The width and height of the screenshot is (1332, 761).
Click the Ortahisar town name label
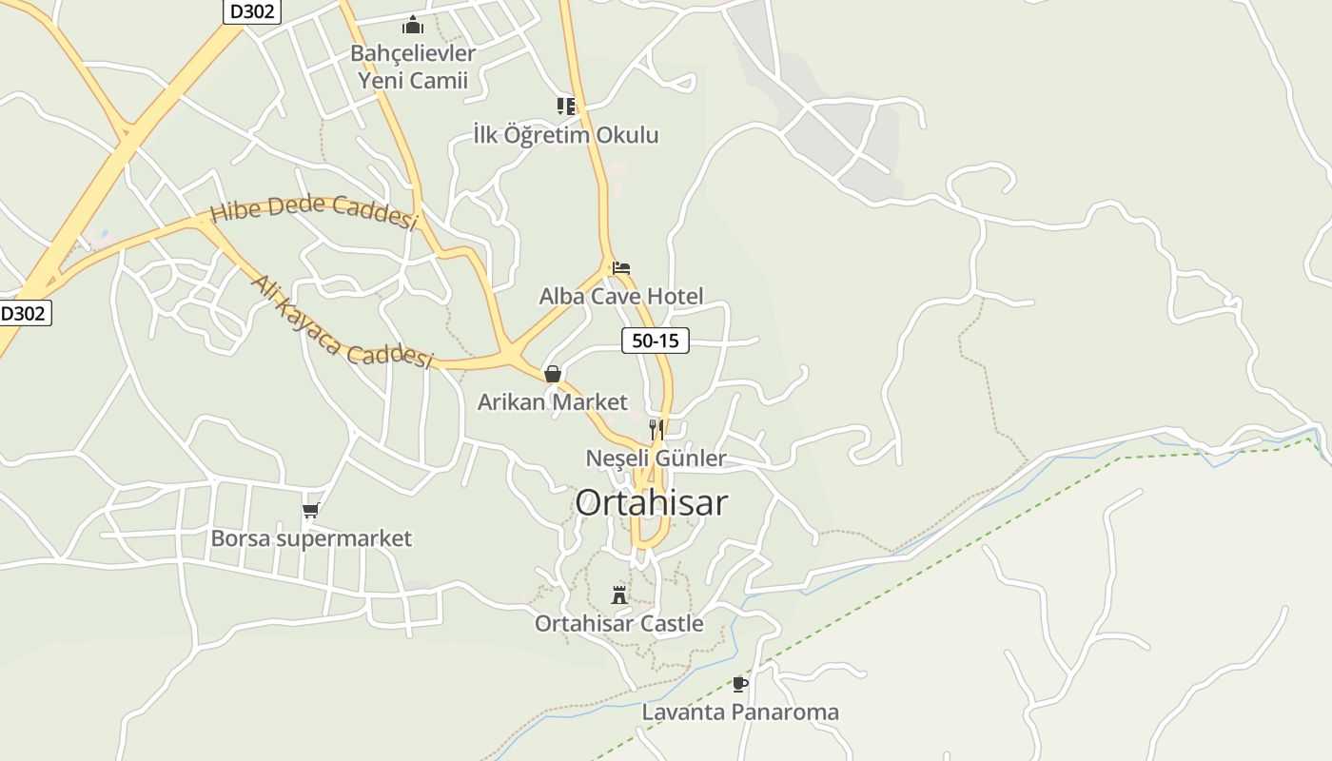tap(651, 502)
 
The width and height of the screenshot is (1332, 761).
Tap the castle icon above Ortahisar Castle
tap(619, 595)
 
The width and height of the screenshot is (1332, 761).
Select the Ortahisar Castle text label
tap(619, 624)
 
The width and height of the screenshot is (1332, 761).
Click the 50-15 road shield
tap(656, 340)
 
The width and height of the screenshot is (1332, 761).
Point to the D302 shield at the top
tap(252, 11)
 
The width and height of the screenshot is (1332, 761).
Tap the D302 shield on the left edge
tap(24, 313)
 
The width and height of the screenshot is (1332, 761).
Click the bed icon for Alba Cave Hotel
tap(621, 268)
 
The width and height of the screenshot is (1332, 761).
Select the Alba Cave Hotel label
tap(621, 296)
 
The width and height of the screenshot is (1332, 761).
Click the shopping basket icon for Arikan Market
tap(553, 374)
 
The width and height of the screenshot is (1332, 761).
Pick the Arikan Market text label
tap(553, 401)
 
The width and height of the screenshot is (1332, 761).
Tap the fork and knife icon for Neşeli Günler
tap(656, 430)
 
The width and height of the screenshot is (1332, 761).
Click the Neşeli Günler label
tap(656, 459)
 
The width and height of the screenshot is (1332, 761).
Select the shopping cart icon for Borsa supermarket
tap(310, 511)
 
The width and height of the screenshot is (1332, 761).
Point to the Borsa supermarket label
tap(311, 538)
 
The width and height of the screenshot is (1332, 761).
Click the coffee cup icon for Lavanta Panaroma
tap(740, 684)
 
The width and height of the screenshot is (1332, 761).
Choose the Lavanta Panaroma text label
tap(740, 712)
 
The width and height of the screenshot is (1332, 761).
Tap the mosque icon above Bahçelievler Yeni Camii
tap(412, 25)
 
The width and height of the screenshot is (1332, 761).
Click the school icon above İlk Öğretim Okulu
tap(566, 106)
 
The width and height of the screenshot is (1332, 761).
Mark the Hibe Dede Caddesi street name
tap(314, 211)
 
